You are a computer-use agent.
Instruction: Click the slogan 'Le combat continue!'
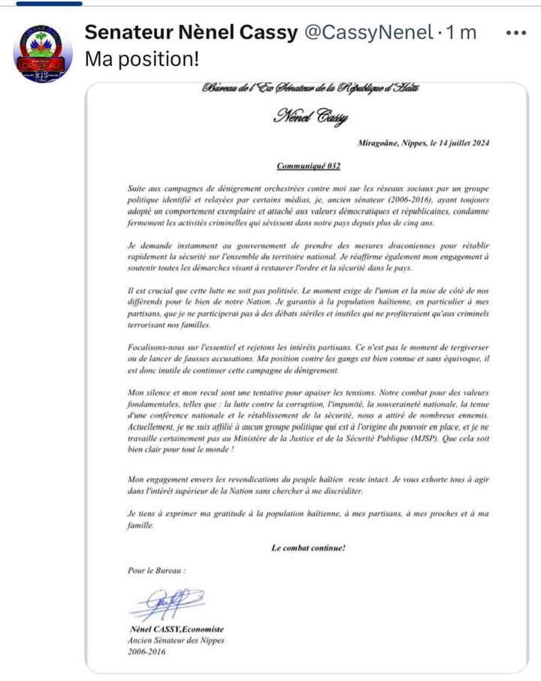coord(308,548)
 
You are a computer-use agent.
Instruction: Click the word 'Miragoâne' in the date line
coord(381,143)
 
